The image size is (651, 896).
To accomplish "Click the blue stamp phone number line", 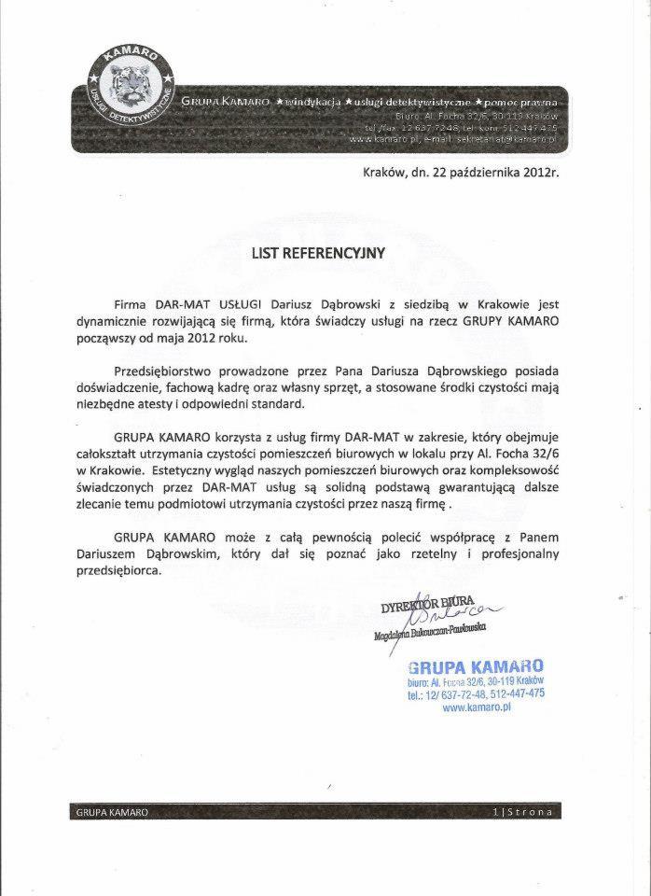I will [476, 695].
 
